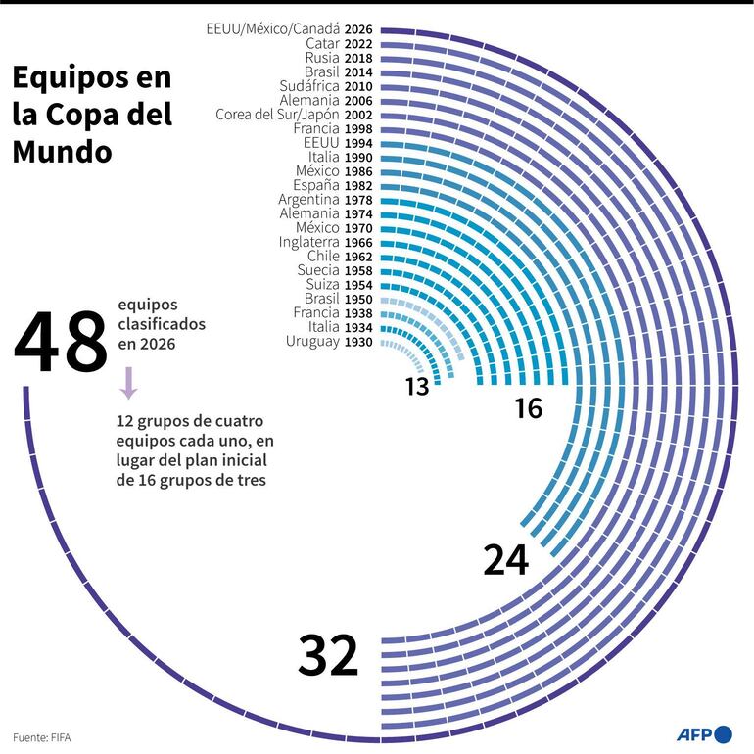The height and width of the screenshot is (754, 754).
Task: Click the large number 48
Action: [x=61, y=343]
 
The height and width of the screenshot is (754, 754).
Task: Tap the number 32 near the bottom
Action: [x=328, y=655]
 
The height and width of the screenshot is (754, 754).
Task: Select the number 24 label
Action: [x=505, y=559]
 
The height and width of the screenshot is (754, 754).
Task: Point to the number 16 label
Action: [x=528, y=408]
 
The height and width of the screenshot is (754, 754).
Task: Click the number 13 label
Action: [x=417, y=387]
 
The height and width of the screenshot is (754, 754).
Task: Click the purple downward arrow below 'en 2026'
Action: [x=128, y=383]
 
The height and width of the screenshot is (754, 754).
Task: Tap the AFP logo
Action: [x=703, y=733]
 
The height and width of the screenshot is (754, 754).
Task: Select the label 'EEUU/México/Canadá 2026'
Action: [x=287, y=29]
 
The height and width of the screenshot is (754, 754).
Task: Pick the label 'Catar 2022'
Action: [x=338, y=44]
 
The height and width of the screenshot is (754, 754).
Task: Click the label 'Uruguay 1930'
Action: [x=327, y=342]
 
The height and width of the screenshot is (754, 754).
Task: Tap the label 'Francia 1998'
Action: [x=334, y=129]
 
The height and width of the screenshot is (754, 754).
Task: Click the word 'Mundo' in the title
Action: [x=61, y=152]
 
